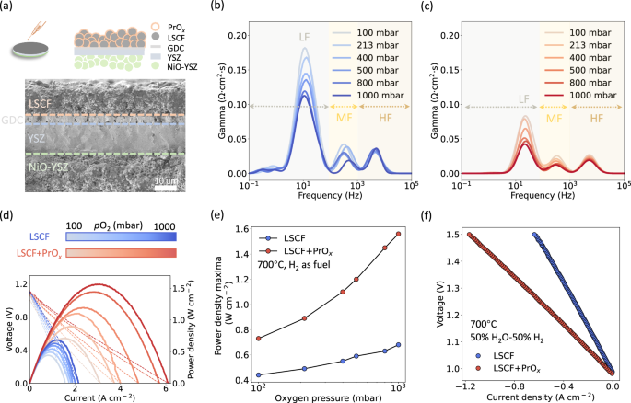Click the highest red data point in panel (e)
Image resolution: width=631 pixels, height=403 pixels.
click(398, 234)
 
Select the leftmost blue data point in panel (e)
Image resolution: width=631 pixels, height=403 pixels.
click(260, 374)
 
